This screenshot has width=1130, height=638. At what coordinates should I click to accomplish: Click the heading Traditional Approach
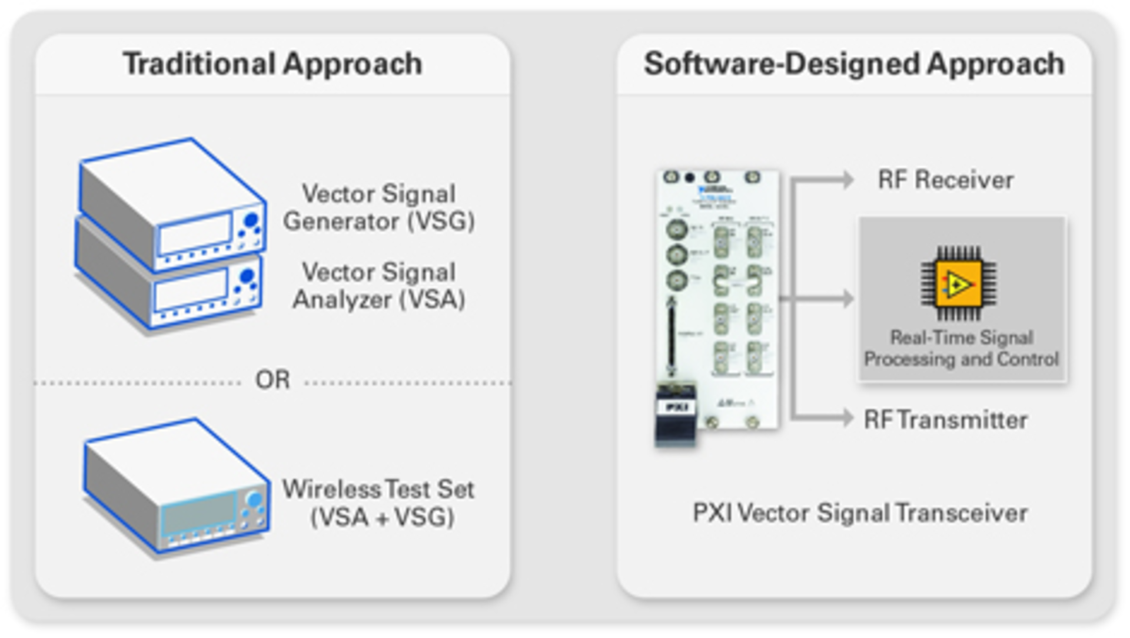272,64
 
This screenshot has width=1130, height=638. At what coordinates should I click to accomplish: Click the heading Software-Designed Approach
854,64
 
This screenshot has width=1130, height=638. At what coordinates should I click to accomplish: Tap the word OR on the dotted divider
272,380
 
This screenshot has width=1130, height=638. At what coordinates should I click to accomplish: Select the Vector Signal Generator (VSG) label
379,207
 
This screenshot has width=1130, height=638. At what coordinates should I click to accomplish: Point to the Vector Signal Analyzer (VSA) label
379,286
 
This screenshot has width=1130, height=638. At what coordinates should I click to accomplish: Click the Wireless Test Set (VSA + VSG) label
379,503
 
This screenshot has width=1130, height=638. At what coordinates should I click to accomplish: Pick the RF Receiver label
945,180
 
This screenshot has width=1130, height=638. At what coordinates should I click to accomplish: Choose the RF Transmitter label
945,420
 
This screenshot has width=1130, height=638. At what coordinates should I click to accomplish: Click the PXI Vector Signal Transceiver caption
860,513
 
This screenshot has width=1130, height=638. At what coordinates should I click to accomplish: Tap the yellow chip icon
959,285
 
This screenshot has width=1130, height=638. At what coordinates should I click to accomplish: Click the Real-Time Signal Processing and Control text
962,348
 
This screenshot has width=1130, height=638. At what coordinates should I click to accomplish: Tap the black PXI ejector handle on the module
676,415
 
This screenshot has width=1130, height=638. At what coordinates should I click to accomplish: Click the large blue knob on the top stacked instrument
251,220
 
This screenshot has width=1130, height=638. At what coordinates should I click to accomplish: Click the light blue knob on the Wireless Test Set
255,500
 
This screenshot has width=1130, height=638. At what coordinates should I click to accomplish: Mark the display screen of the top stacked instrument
195,234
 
